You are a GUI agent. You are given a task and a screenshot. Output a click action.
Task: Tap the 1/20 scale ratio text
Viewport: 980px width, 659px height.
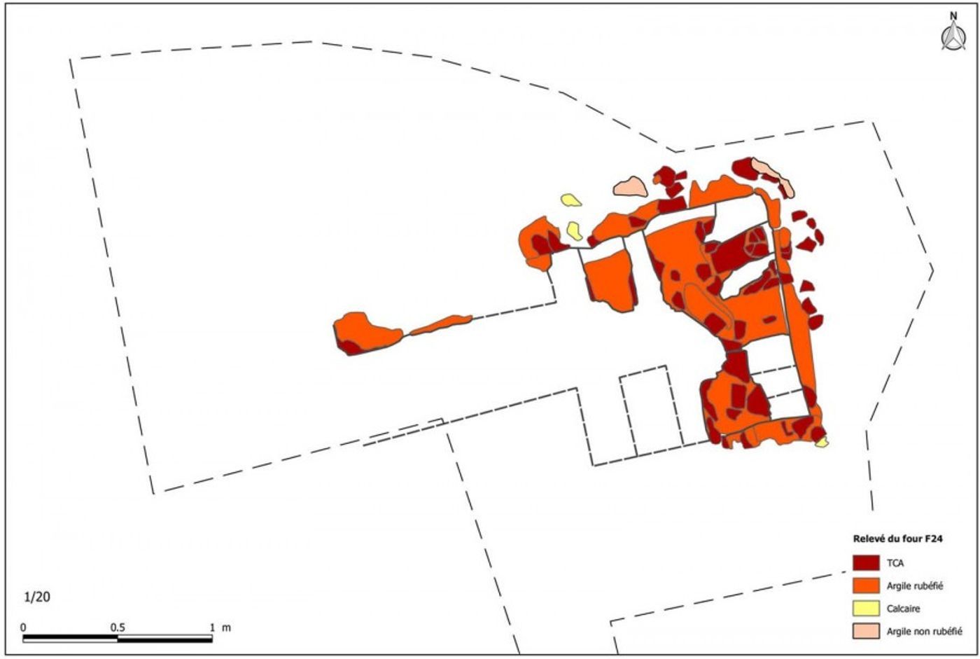coord(38,597)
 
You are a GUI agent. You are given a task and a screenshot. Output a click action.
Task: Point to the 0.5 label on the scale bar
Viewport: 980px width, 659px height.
coord(118,627)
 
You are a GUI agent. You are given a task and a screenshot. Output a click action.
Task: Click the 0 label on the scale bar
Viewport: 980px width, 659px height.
coord(24,627)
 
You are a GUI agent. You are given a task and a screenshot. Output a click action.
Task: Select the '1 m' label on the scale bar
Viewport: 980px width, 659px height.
coord(220,627)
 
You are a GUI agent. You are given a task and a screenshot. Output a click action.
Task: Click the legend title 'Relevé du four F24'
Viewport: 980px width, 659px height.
coord(897,539)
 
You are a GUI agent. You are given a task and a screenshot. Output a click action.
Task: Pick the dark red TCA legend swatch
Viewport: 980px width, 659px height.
coord(866,563)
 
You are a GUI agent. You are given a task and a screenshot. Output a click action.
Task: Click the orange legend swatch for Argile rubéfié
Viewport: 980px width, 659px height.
coord(866,585)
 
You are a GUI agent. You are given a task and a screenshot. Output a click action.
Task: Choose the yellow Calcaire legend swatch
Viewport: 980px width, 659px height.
coord(866,609)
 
